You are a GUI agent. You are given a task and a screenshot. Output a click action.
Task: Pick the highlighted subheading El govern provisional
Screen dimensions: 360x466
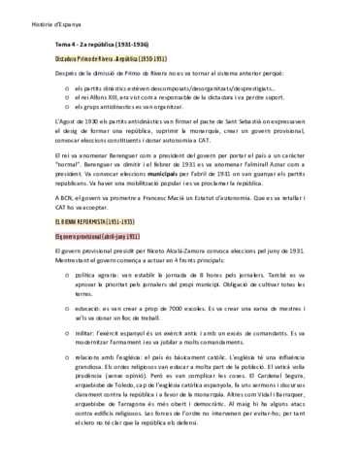click(x=95, y=236)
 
